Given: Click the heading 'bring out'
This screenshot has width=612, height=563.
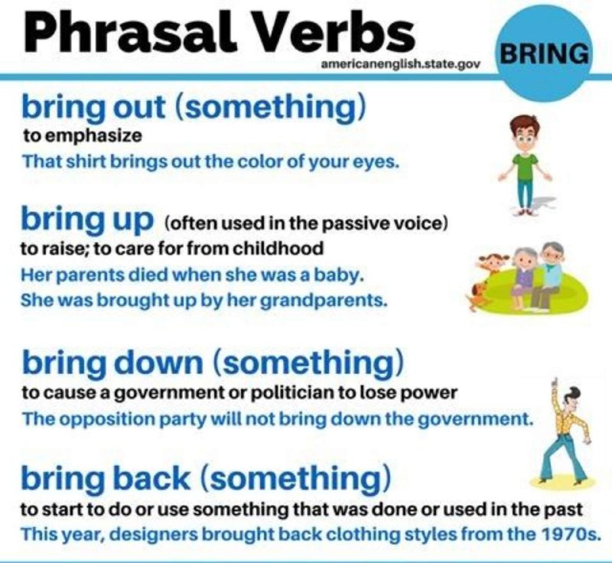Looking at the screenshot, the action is coord(93,107).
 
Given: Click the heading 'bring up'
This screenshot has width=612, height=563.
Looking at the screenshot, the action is coord(87,219).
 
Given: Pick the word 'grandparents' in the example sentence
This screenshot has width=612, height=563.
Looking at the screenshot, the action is coord(323,301).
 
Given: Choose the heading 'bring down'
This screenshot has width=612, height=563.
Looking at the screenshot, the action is coord(112,362).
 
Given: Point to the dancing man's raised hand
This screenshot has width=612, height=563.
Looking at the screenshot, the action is coord(556,383).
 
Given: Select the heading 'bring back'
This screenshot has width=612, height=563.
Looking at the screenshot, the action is coord(106,478).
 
